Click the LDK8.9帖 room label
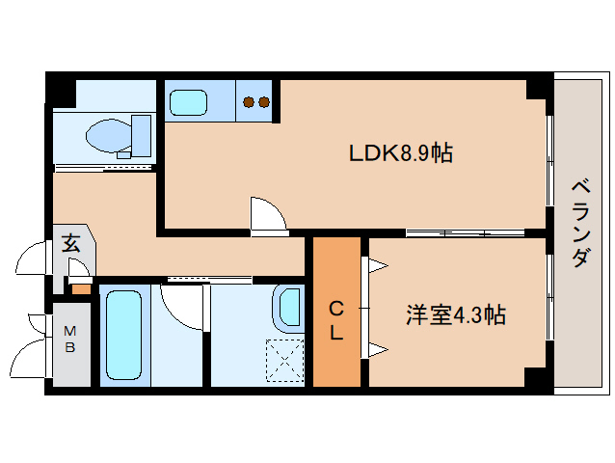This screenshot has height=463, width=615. (401, 152)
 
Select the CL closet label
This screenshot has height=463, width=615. (336, 321)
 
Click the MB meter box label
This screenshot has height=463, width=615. (70, 340)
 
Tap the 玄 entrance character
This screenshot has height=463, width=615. (71, 243)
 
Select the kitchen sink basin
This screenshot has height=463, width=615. (188, 100)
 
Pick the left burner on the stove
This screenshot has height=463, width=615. (249, 101)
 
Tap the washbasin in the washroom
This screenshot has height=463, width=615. (289, 308)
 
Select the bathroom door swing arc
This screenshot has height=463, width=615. (184, 304)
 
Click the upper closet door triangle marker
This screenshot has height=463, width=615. (374, 264)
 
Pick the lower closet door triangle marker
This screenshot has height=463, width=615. (374, 348)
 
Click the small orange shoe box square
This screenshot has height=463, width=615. (81, 288)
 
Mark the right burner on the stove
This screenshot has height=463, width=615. (263, 101)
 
